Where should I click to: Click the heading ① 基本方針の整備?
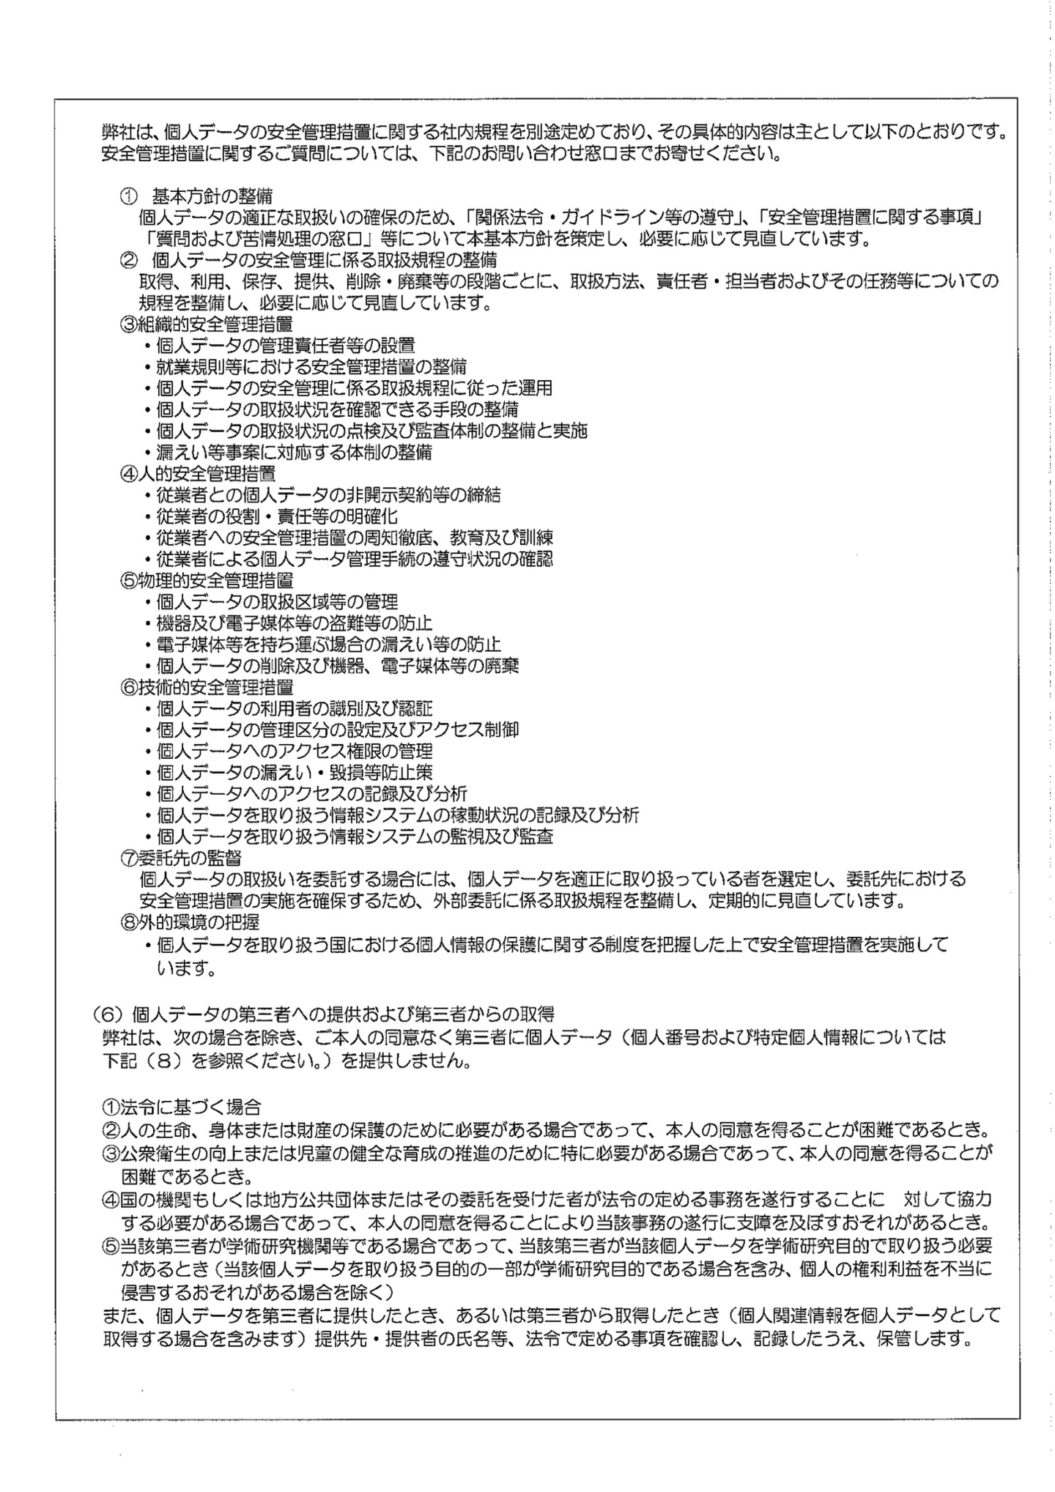coord(196,196)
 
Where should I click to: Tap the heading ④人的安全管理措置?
coord(198,474)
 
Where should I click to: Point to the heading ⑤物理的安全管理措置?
coord(207,581)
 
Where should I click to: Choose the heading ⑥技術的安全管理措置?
coord(207,688)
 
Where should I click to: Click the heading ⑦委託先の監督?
coord(181,856)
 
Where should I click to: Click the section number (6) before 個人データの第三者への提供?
coord(110,1014)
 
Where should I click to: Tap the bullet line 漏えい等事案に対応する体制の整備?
coord(294,453)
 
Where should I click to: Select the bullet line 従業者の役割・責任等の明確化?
coord(277,516)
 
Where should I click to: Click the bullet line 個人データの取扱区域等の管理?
coord(277,602)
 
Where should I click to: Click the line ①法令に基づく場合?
coord(181,1107)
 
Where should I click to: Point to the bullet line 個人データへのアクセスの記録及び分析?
coord(311,793)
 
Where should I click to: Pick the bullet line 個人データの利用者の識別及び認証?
coord(294,708)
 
